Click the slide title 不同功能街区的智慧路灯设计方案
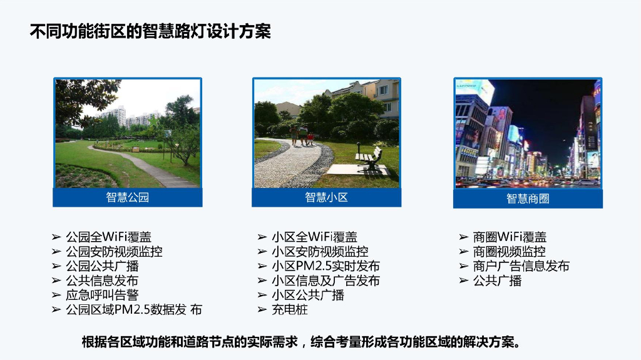point(150,31)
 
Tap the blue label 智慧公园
point(128,198)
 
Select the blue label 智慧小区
point(326,198)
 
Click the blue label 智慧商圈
point(528,198)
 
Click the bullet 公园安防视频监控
point(114,252)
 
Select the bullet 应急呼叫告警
point(102,295)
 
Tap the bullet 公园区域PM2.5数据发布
point(134,309)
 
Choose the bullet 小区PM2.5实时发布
point(326,266)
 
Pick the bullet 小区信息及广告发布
point(326,280)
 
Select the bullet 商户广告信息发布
point(521,266)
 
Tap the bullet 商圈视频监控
point(509,252)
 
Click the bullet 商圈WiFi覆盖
point(510,237)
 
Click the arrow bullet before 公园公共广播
point(56,266)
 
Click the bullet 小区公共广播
point(308,295)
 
